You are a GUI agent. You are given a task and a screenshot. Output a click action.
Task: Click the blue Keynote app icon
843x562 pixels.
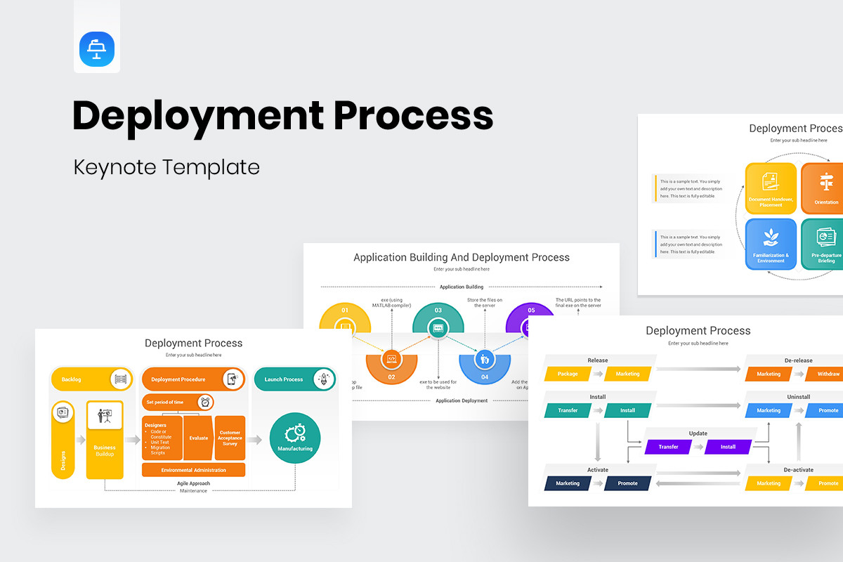[97, 49]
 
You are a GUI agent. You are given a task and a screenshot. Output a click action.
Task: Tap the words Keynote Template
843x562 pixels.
[166, 166]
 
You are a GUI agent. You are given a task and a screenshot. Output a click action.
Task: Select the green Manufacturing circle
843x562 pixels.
[295, 438]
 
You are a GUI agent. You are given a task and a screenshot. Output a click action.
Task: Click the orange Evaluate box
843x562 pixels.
[198, 438]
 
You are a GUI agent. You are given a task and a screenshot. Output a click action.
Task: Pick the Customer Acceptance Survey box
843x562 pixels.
[230, 438]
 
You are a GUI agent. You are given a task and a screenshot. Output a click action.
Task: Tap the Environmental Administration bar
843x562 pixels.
[193, 470]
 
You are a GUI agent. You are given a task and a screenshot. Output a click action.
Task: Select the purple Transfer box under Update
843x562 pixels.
[668, 447]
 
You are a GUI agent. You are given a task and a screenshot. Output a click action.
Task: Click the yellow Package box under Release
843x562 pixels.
[568, 374]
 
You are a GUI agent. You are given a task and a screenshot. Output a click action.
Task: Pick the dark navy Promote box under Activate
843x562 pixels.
[627, 483]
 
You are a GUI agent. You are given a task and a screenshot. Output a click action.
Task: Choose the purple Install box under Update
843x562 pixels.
[728, 447]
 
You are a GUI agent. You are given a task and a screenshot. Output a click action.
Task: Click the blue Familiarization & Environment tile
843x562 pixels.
[771, 244]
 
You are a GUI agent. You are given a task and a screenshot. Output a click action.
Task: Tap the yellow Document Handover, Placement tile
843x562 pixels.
[771, 188]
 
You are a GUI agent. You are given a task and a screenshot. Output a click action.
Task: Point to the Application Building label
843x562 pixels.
[461, 287]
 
